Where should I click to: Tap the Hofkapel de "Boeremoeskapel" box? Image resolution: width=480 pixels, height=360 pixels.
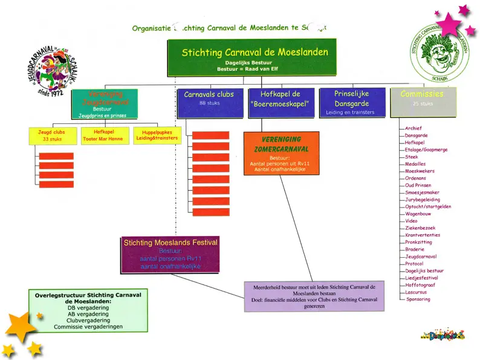click(281, 103)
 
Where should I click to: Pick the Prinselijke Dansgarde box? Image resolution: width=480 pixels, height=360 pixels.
click(351, 102)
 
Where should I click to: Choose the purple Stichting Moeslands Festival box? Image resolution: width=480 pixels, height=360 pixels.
click(170, 254)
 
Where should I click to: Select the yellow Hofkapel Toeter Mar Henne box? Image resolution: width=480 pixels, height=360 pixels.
click(103, 135)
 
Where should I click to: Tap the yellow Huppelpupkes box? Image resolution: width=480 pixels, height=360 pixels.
click(155, 135)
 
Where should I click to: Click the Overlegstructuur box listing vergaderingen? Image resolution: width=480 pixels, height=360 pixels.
click(88, 310)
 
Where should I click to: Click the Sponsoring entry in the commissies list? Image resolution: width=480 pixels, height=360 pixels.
click(418, 299)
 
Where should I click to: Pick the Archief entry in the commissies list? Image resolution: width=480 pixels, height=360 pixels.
click(414, 128)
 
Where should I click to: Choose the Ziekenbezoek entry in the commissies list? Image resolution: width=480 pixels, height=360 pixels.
click(420, 228)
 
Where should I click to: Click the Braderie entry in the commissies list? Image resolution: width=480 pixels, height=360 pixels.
click(415, 249)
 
